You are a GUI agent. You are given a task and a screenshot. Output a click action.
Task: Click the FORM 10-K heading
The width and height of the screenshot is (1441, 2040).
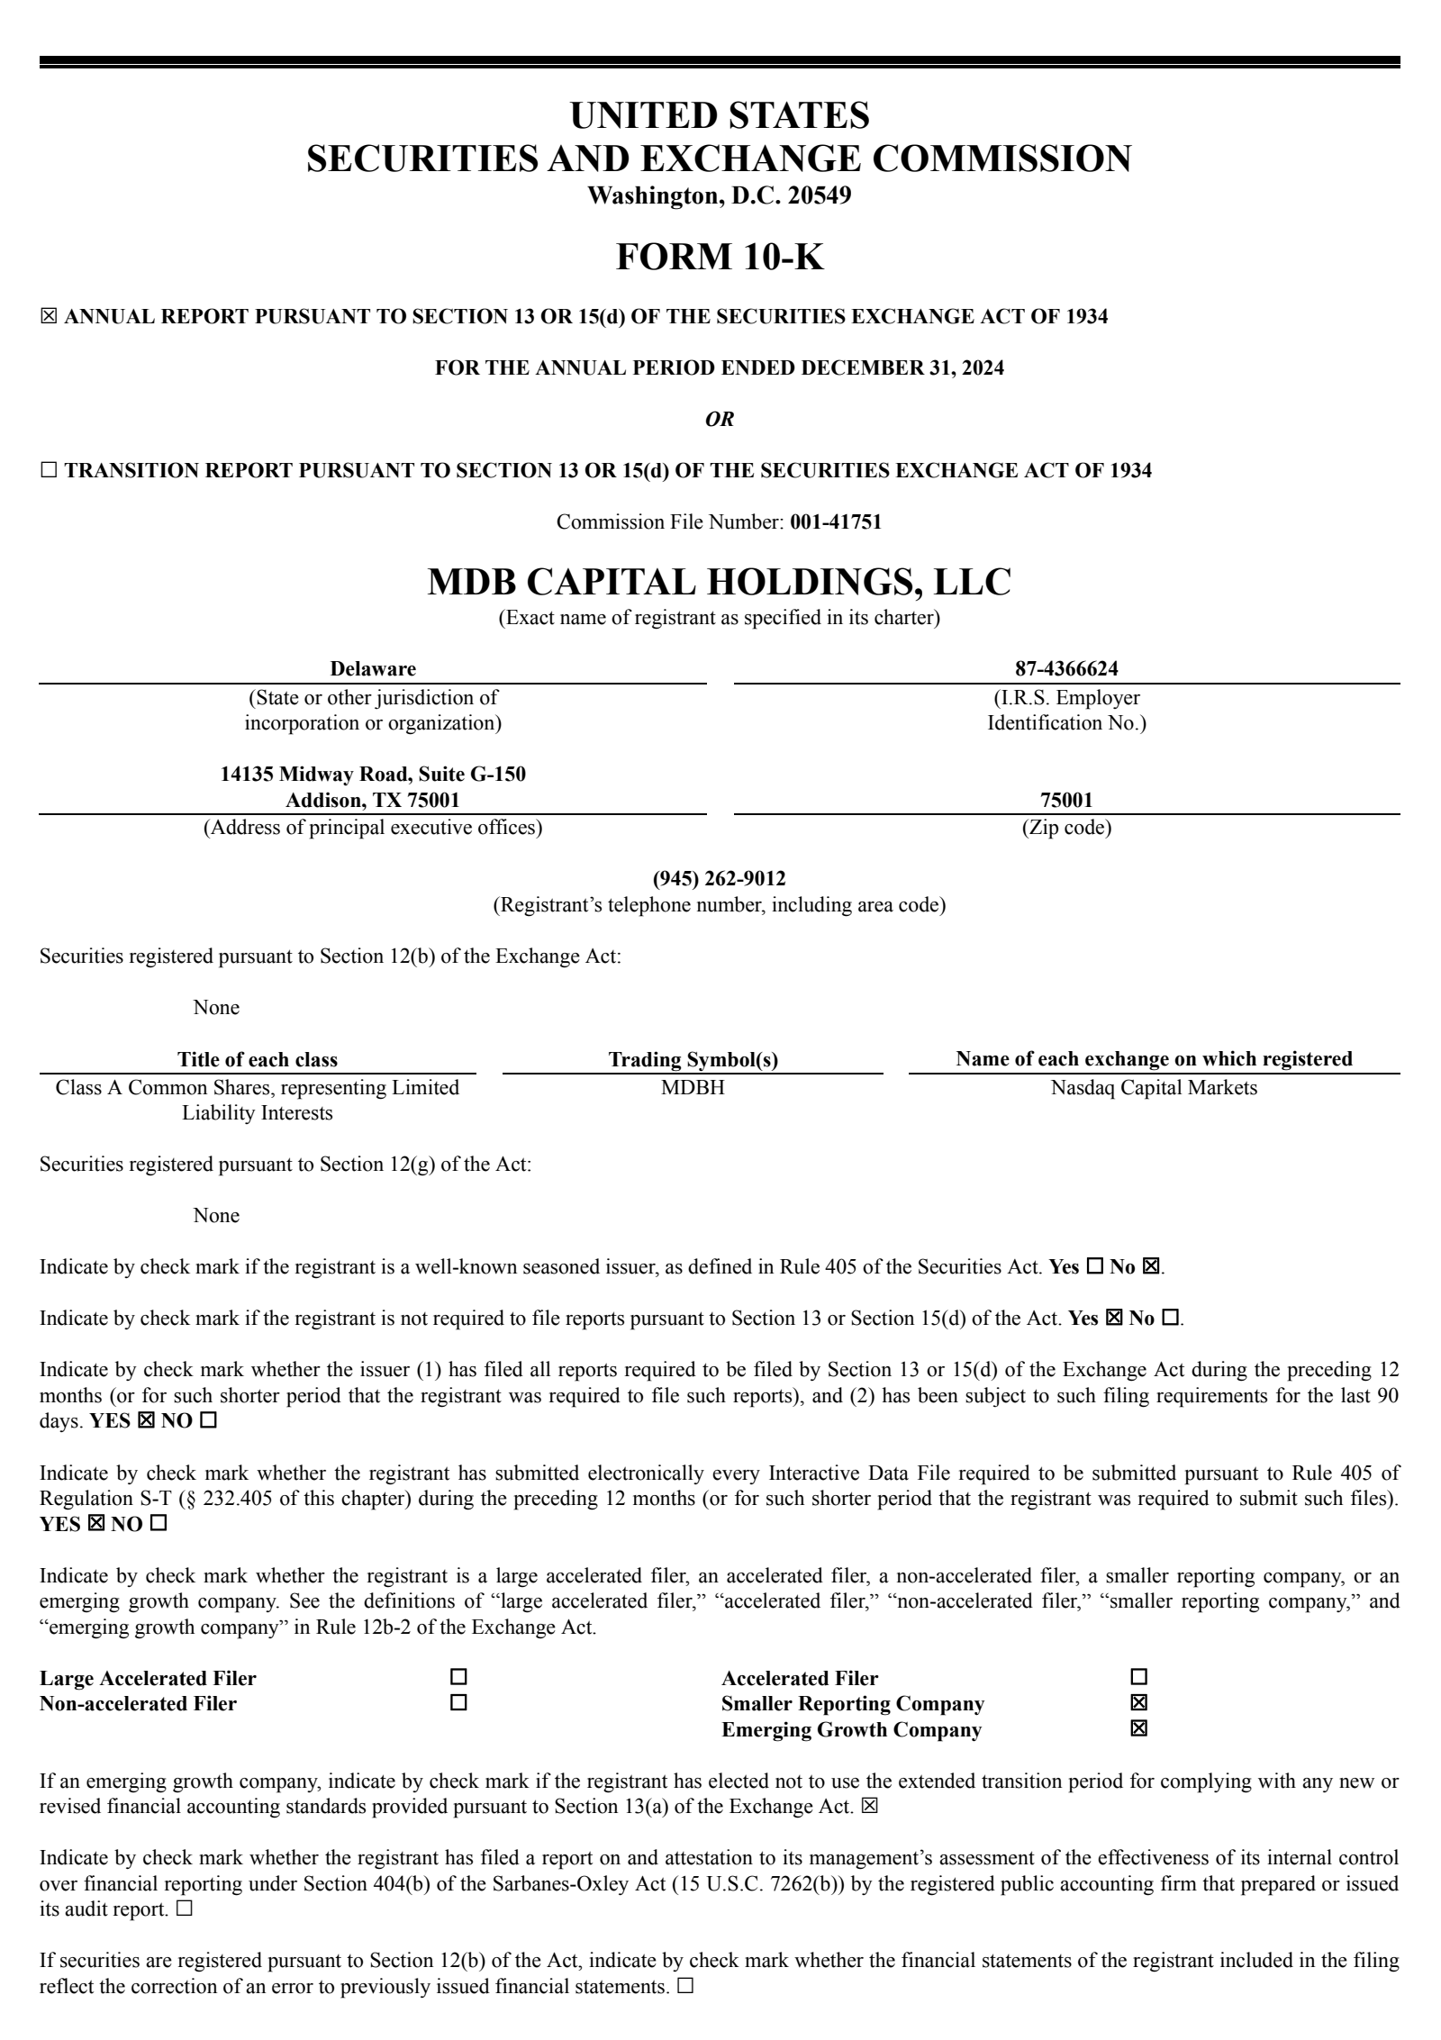[x=719, y=258]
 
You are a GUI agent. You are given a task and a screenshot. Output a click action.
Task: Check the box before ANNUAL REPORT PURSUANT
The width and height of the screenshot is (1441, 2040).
[x=49, y=317]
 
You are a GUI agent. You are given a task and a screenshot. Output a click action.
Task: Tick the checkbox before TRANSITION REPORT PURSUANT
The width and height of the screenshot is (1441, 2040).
[x=49, y=470]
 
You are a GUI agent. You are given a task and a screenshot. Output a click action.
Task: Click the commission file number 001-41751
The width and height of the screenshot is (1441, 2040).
[x=835, y=521]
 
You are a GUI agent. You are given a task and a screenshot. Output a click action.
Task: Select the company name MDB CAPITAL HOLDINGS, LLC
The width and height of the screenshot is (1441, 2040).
[x=719, y=582]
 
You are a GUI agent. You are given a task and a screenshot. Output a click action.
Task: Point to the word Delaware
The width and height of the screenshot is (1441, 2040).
[x=373, y=668]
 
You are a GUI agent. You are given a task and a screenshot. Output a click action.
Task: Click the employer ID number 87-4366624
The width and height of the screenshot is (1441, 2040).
[x=1066, y=668]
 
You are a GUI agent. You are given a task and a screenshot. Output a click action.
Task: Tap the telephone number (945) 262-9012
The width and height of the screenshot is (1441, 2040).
[x=719, y=878]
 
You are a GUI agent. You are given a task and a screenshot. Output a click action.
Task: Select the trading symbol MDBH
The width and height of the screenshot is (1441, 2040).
[x=693, y=1087]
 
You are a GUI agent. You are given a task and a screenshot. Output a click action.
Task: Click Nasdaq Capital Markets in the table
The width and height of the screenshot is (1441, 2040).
[x=1154, y=1087]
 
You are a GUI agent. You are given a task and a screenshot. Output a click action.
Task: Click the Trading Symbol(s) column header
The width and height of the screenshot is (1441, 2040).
[x=693, y=1059]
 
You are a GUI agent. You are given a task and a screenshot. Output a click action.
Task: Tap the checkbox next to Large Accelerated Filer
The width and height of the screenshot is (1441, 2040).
[x=458, y=1677]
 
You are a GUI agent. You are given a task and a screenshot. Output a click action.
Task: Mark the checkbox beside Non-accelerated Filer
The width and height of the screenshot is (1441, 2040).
[x=458, y=1703]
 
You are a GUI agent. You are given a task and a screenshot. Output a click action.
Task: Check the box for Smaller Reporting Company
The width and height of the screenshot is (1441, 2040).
[x=1138, y=1703]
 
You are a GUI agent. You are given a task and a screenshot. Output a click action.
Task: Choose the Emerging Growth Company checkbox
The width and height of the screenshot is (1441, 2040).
[x=1138, y=1729]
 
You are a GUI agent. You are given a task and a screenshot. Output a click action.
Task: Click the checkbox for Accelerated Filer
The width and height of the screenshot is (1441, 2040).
[x=1138, y=1677]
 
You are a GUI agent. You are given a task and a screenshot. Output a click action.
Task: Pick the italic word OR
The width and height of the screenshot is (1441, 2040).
[x=719, y=420]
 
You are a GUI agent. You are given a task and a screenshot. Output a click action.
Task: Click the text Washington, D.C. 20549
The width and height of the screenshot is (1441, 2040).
[x=719, y=195]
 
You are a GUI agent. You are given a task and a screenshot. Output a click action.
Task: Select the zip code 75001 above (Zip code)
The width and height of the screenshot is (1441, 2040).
[x=1066, y=800]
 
